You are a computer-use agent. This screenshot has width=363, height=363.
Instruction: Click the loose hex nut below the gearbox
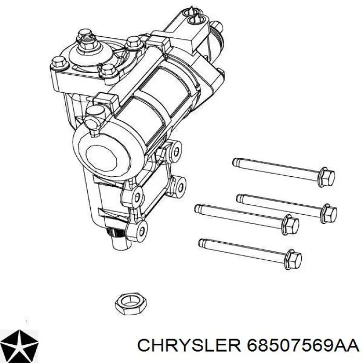131,303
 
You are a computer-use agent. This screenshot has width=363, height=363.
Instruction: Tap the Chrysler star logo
19,346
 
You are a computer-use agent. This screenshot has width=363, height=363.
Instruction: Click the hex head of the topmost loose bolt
326,177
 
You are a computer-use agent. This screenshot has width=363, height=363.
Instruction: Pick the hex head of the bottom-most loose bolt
293,259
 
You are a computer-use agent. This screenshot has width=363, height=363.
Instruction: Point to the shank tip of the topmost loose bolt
235,161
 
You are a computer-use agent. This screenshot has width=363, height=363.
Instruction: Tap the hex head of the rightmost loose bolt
329,213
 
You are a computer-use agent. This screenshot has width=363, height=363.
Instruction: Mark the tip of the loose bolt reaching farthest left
198,208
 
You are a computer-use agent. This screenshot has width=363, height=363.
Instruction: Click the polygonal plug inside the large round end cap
101,159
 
